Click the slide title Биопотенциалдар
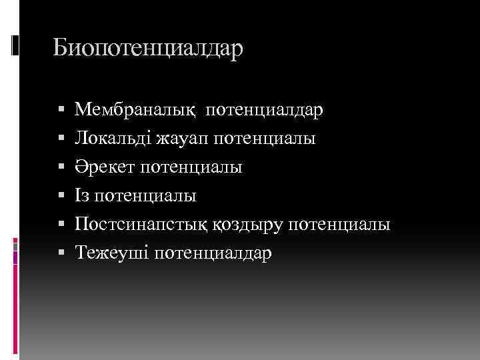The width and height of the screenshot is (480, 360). [x=149, y=49]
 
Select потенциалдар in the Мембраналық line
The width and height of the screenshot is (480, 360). [x=265, y=109]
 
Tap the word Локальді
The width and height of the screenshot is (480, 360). [x=113, y=139]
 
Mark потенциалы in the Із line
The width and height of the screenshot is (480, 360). [x=145, y=196]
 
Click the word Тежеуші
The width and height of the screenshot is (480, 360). [x=109, y=254]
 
